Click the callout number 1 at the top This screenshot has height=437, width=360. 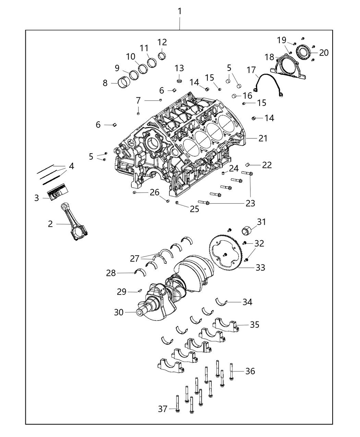point(180,12)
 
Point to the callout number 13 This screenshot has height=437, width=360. point(179,68)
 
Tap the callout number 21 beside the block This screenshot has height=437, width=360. point(263,138)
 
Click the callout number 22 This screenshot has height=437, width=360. point(267,165)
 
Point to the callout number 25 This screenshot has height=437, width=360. point(194,209)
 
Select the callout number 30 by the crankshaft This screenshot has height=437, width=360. point(119,312)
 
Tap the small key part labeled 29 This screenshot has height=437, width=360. point(140,291)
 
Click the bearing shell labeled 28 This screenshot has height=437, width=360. point(140,272)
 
